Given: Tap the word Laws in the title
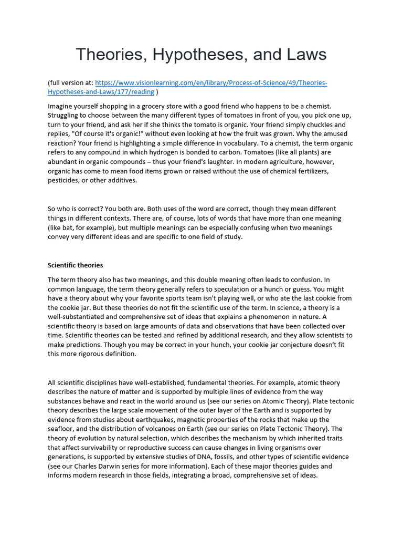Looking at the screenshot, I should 303,54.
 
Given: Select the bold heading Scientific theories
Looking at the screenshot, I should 75,265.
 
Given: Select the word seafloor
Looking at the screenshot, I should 63,429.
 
